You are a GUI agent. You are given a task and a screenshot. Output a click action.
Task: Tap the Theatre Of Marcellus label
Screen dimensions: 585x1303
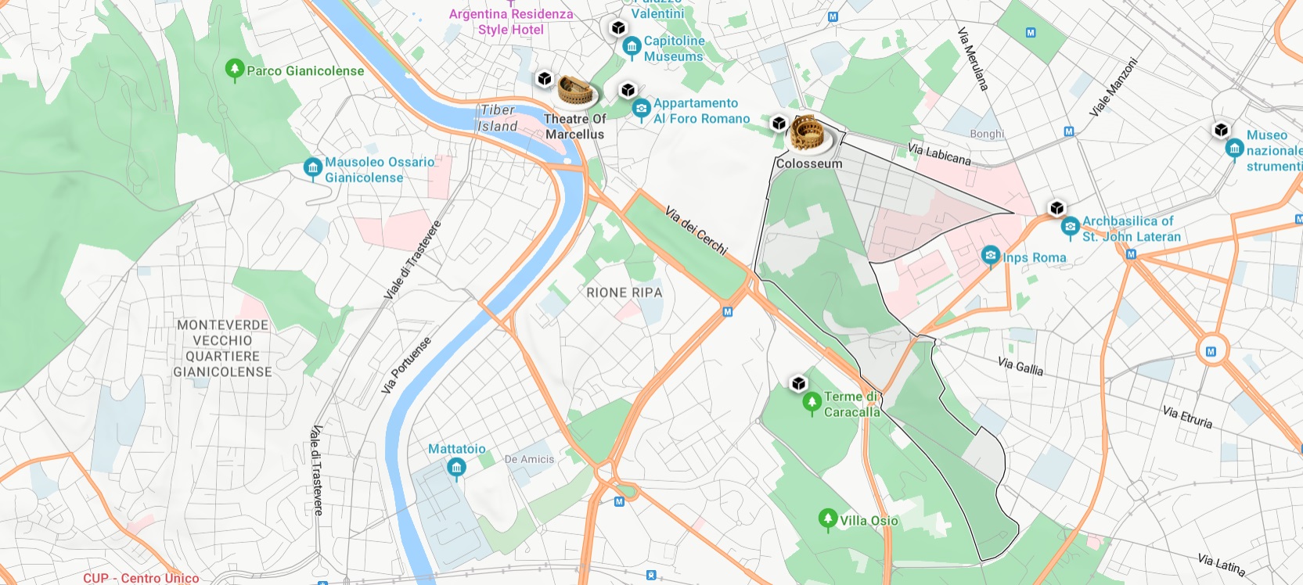coord(574,127)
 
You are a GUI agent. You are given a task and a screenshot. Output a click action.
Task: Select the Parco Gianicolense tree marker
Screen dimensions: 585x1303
coord(234,70)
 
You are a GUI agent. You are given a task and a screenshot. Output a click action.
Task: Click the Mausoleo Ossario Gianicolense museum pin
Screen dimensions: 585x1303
coord(312,167)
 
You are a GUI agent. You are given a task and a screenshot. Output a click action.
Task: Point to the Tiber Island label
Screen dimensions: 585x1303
coord(498,118)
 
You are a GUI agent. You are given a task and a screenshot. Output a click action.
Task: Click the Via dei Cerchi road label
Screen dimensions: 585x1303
coord(696,230)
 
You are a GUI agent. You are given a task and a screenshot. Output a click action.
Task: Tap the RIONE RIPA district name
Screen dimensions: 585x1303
coord(624,292)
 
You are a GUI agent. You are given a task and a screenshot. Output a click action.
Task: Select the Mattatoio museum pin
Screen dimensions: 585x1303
coord(456,468)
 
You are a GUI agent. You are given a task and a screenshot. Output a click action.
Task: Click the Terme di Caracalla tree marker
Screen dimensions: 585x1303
coord(812,403)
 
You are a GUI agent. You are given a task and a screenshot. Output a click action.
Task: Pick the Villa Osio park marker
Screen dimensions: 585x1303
coord(827,519)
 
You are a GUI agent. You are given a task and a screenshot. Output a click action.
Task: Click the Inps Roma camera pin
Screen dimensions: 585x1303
coord(990,256)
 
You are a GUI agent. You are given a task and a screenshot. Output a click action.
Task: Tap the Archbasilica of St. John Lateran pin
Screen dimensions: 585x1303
coord(1070,228)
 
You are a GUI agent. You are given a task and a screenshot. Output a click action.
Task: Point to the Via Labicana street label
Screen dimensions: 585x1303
coord(939,154)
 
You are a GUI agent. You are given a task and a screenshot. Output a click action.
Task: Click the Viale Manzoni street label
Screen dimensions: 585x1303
coord(1112,88)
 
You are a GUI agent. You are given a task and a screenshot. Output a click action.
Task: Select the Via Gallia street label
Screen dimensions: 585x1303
coord(1020,365)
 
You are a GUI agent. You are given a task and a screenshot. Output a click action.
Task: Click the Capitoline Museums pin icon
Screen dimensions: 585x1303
coord(632,47)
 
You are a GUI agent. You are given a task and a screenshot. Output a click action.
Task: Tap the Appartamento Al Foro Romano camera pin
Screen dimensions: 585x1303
coord(641,109)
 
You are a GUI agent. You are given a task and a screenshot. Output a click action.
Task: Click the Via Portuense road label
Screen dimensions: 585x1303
coord(405,365)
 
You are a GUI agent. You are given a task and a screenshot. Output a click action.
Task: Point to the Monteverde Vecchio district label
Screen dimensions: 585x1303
coord(222,348)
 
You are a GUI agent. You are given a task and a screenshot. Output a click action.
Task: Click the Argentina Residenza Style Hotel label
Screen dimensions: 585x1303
coord(511,22)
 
